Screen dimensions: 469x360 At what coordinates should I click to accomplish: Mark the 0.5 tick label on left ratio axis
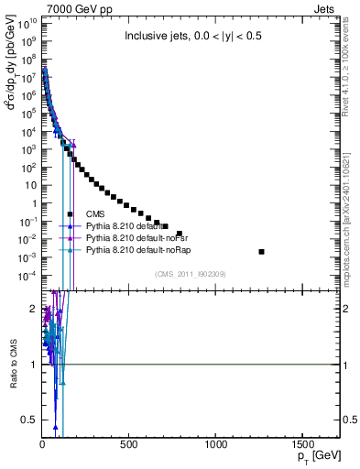pyautogui.click(x=28, y=420)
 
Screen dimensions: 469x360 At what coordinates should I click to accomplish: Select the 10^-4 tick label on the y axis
pyautogui.click(x=27, y=276)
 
